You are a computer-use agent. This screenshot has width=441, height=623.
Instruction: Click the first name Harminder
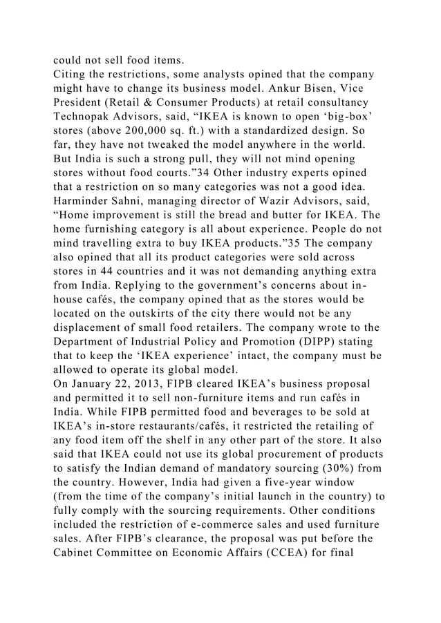pos(82,205)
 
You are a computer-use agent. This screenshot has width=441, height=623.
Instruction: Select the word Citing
pos(71,75)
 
